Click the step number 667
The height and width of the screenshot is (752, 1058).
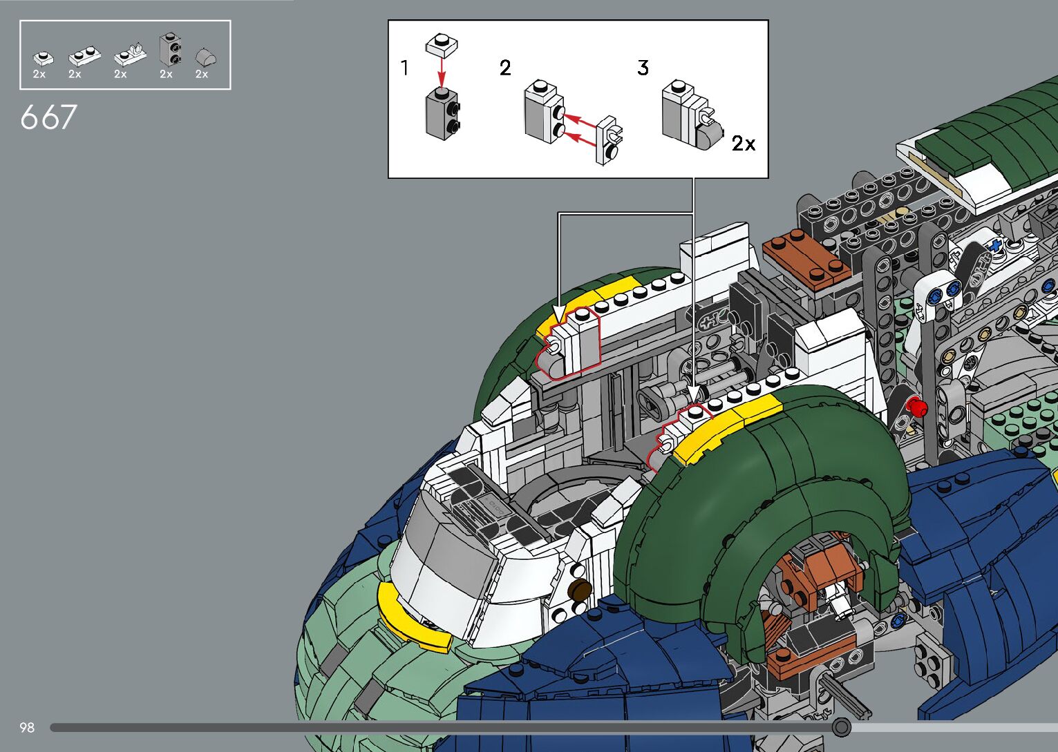pos(48,117)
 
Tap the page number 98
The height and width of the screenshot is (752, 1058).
pos(27,727)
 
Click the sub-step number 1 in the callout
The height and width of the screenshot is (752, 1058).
pos(404,68)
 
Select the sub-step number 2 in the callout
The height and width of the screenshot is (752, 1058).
pos(505,68)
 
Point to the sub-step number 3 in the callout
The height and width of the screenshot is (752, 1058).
pos(643,68)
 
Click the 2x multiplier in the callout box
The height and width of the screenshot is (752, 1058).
pos(744,143)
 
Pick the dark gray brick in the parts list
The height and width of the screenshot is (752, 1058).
pos(171,50)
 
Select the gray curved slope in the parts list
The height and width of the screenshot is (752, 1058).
pos(206,57)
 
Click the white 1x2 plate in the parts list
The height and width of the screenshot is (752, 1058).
pos(84,55)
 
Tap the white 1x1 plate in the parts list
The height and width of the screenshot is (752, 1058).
pos(43,57)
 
